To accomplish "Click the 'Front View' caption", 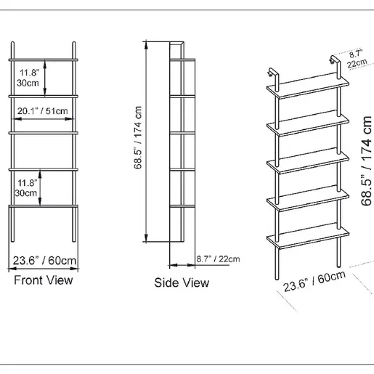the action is [44, 280].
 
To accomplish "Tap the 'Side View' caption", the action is [182, 282].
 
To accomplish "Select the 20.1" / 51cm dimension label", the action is [43, 111].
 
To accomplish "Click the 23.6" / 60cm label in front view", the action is [44, 261].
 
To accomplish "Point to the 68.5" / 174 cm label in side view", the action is [138, 137].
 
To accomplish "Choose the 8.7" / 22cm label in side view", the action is [218, 259].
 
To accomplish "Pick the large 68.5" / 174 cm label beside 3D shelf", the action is [366, 161].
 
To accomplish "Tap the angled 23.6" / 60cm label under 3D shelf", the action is [314, 282].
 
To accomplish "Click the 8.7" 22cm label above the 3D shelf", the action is [357, 59].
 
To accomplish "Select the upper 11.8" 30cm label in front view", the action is [28, 78].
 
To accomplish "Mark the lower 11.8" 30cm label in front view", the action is [26, 188].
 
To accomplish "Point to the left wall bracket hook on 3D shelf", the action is [273, 76].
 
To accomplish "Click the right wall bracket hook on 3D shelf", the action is [336, 63].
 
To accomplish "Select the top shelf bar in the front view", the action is [44, 60].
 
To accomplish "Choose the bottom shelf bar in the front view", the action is [44, 206].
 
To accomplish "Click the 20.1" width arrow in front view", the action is [43, 119].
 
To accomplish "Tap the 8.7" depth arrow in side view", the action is [182, 265].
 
